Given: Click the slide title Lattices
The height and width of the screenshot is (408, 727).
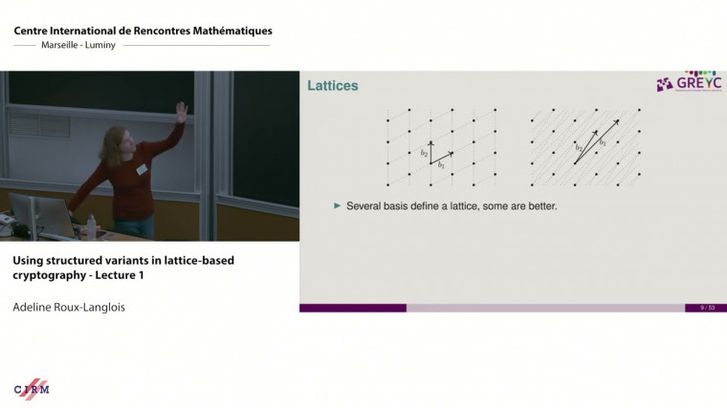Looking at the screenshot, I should click(x=332, y=87).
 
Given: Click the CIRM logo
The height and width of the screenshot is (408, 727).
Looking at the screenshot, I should click(x=32, y=389).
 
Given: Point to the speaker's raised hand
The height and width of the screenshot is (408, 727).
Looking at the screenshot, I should click(x=181, y=113).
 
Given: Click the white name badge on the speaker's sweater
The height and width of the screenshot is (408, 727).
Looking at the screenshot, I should click(x=142, y=169).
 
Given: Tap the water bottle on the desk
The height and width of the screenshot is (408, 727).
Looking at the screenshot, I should click(x=92, y=226).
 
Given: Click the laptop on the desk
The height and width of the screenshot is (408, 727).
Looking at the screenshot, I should click(x=33, y=215).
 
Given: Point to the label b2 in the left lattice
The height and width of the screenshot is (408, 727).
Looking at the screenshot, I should click(x=424, y=152).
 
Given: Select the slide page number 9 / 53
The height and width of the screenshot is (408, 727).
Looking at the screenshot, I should click(x=707, y=308).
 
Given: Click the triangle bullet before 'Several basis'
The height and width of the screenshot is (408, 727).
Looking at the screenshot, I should click(x=337, y=205).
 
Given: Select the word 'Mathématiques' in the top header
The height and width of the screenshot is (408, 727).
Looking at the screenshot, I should click(x=229, y=32).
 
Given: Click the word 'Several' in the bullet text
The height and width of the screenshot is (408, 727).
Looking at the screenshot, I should click(x=365, y=205).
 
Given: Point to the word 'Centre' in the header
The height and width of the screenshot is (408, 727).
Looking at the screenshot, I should click(x=34, y=32).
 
